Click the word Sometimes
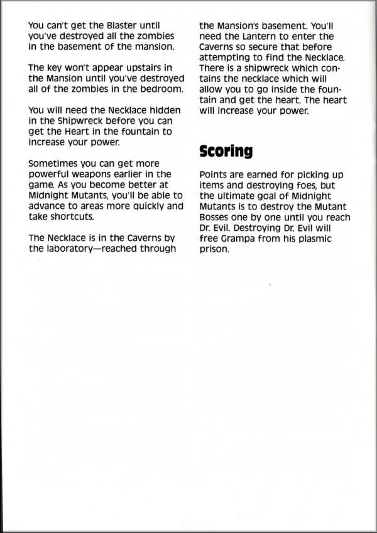55,164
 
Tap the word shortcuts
72,216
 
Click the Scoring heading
226,151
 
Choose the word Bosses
215,217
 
